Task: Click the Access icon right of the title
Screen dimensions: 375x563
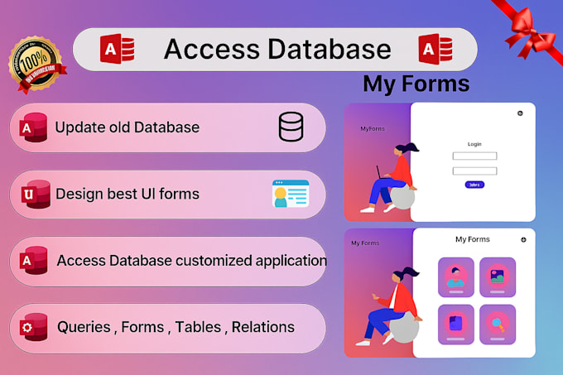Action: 434,49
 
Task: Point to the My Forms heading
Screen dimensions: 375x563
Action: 416,84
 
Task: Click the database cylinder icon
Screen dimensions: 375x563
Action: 291,127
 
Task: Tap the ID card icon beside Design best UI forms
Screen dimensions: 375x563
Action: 290,194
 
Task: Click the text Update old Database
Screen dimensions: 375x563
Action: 127,127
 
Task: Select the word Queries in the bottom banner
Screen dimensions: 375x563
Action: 84,327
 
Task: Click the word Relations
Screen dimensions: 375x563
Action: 263,327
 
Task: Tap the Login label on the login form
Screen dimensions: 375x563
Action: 474,143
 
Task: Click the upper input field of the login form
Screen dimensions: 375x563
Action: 474,156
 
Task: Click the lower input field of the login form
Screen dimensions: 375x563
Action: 474,171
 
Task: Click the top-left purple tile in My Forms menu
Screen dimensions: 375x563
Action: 455,276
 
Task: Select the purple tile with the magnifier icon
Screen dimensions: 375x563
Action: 497,324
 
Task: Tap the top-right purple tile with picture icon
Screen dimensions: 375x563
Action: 497,276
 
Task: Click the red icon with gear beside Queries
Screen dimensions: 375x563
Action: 35,326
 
